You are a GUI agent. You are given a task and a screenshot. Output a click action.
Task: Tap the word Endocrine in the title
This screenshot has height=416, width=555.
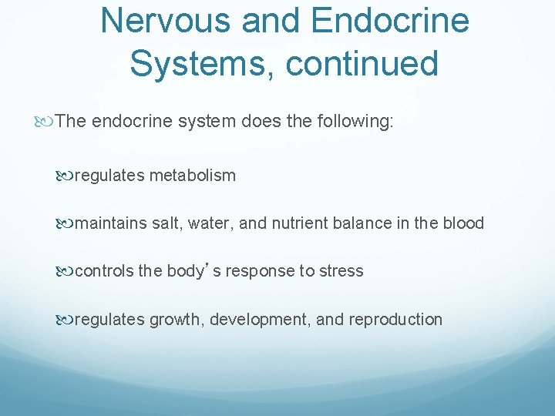click(x=390, y=21)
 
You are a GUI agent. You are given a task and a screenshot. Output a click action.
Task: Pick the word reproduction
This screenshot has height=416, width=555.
click(x=395, y=319)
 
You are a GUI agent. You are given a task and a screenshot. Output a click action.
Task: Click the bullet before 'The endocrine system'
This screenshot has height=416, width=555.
click(x=49, y=121)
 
